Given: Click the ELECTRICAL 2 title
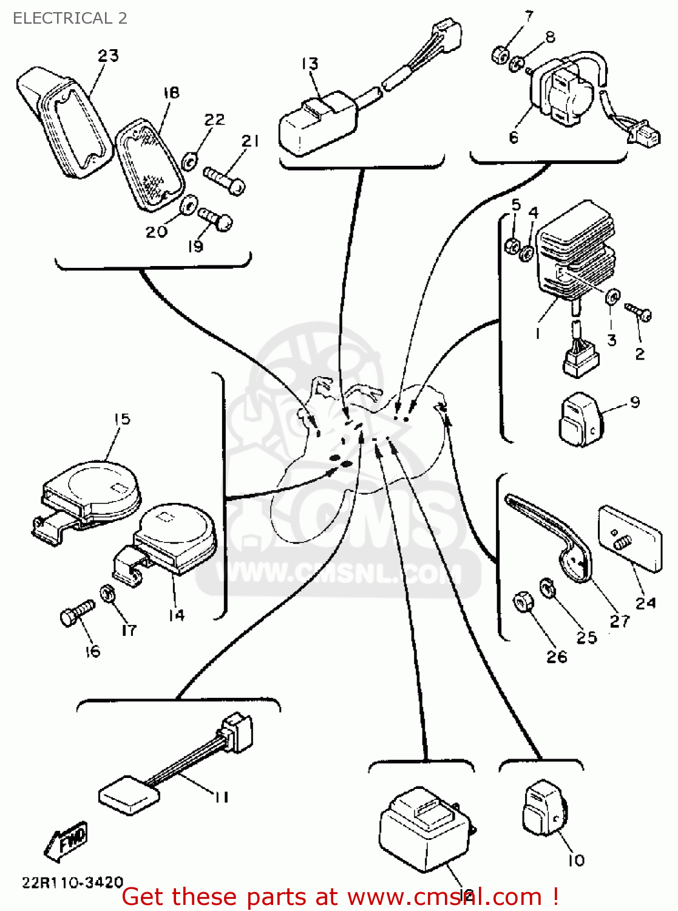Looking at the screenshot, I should coord(70,18).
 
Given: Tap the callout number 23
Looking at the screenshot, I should coord(108,56).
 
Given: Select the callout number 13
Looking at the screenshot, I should coord(310,64).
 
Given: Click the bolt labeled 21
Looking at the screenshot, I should coord(225,180).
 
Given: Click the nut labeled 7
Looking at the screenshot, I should coord(500,55).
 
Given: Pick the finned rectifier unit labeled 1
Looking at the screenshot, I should coord(574,252).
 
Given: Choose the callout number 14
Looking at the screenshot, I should coord(176,615).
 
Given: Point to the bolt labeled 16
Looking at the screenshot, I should coord(78,612).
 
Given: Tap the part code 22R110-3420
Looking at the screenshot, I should coord(73,882).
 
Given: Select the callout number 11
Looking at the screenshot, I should coord(221,797).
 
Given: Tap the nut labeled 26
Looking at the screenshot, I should coord(523,602).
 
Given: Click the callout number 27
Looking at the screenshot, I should coord(619,621).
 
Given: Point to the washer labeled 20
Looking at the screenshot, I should coord(189,205).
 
